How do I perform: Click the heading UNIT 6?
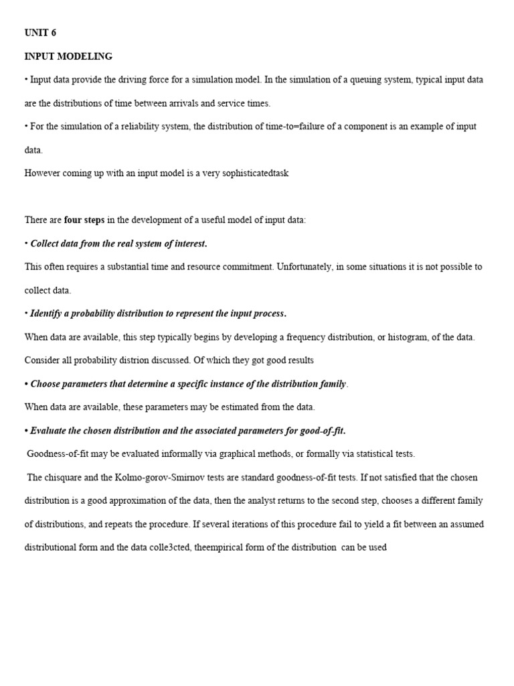(x=40, y=33)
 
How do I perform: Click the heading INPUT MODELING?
(x=68, y=56)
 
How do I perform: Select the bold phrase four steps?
(x=84, y=220)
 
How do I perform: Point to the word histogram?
(x=407, y=337)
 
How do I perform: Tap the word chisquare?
(x=66, y=478)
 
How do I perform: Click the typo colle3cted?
(x=171, y=547)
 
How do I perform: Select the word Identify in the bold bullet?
(x=46, y=314)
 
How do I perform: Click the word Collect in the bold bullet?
(x=46, y=243)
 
